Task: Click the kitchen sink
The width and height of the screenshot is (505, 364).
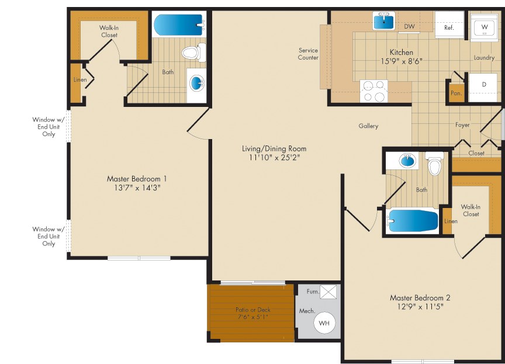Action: (384, 21)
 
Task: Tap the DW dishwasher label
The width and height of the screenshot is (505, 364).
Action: (409, 26)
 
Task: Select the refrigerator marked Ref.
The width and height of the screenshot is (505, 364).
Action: (449, 25)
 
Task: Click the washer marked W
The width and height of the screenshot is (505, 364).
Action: (484, 27)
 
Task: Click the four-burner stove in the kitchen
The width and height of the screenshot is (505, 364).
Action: (373, 91)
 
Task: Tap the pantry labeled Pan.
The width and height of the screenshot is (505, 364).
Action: (456, 92)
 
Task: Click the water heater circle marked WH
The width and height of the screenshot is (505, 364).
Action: (324, 323)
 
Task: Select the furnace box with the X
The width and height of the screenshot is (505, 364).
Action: (328, 292)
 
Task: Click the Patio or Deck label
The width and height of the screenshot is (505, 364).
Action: (253, 310)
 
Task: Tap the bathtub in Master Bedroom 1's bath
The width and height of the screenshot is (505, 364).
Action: (179, 25)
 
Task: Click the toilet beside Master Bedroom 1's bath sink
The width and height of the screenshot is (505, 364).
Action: (193, 53)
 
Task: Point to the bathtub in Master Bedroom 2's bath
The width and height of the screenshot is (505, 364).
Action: (413, 221)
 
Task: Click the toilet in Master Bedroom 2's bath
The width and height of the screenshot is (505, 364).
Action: (434, 164)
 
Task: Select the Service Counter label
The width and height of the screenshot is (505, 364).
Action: (308, 54)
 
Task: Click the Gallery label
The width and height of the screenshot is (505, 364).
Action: (368, 126)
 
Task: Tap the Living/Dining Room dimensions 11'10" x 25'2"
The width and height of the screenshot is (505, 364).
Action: (274, 157)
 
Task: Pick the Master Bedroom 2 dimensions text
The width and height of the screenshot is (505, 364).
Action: (420, 306)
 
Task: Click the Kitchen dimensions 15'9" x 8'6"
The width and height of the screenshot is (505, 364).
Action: (402, 61)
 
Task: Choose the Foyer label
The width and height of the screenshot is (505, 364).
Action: (462, 124)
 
